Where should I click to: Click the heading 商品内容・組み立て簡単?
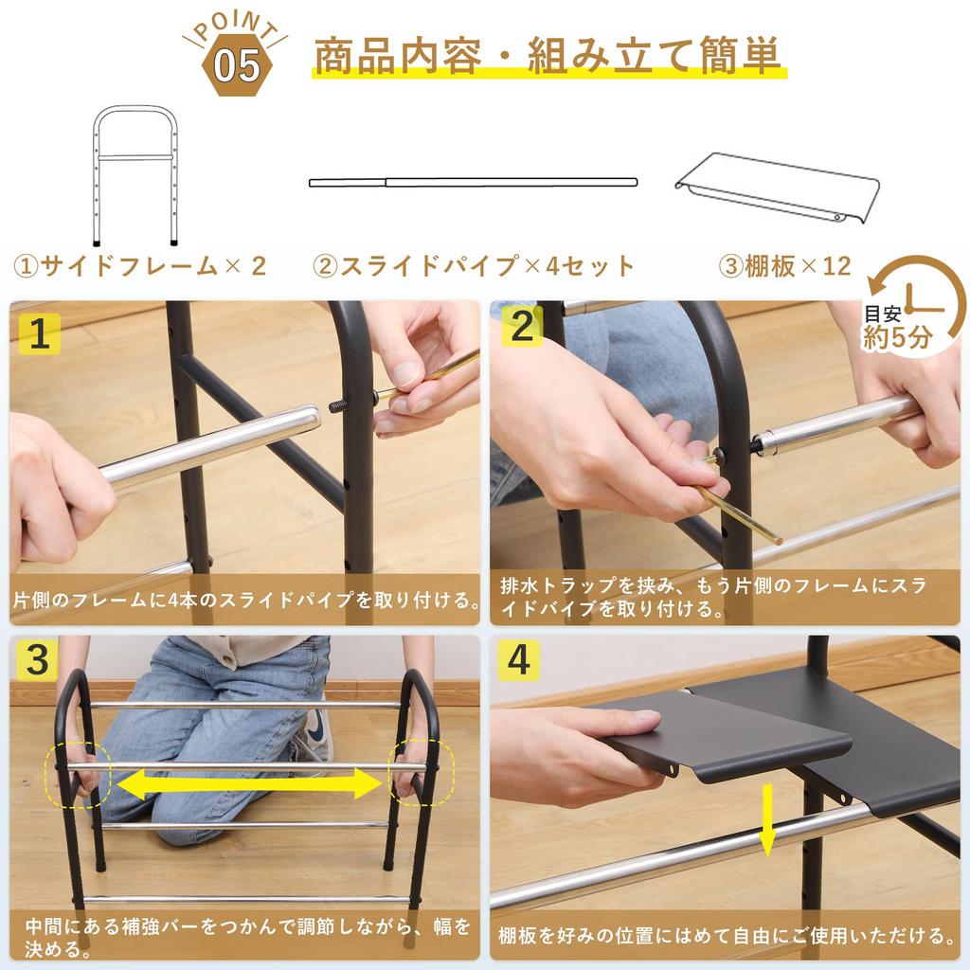(x=548, y=57)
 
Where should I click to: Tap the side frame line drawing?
(x=135, y=175)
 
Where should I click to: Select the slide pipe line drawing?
(x=473, y=181)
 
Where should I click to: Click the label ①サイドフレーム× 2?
(x=139, y=265)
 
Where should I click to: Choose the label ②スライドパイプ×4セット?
(x=475, y=265)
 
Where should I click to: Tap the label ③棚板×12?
(x=785, y=265)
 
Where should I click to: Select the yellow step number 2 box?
(x=522, y=328)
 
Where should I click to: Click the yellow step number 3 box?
(x=37, y=661)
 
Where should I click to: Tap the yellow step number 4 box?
(x=518, y=661)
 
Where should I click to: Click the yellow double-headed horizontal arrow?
(x=250, y=783)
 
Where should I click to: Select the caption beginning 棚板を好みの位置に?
(x=726, y=936)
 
